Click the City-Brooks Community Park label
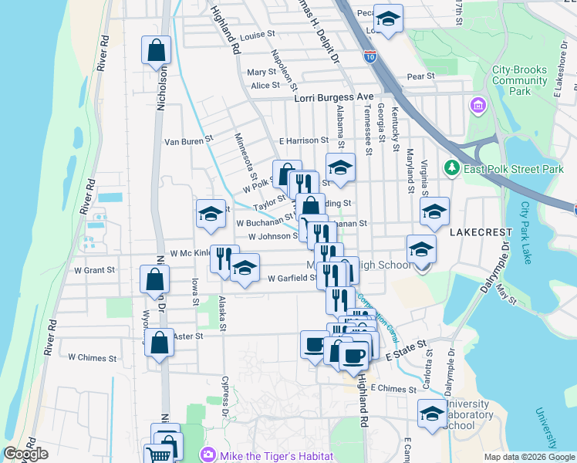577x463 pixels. (x=520, y=80)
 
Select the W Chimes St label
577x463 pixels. (x=93, y=358)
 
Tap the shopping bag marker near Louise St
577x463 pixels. (x=156, y=51)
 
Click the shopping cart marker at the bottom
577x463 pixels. (x=159, y=455)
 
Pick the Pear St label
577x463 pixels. (x=421, y=76)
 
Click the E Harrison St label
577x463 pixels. (x=304, y=140)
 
